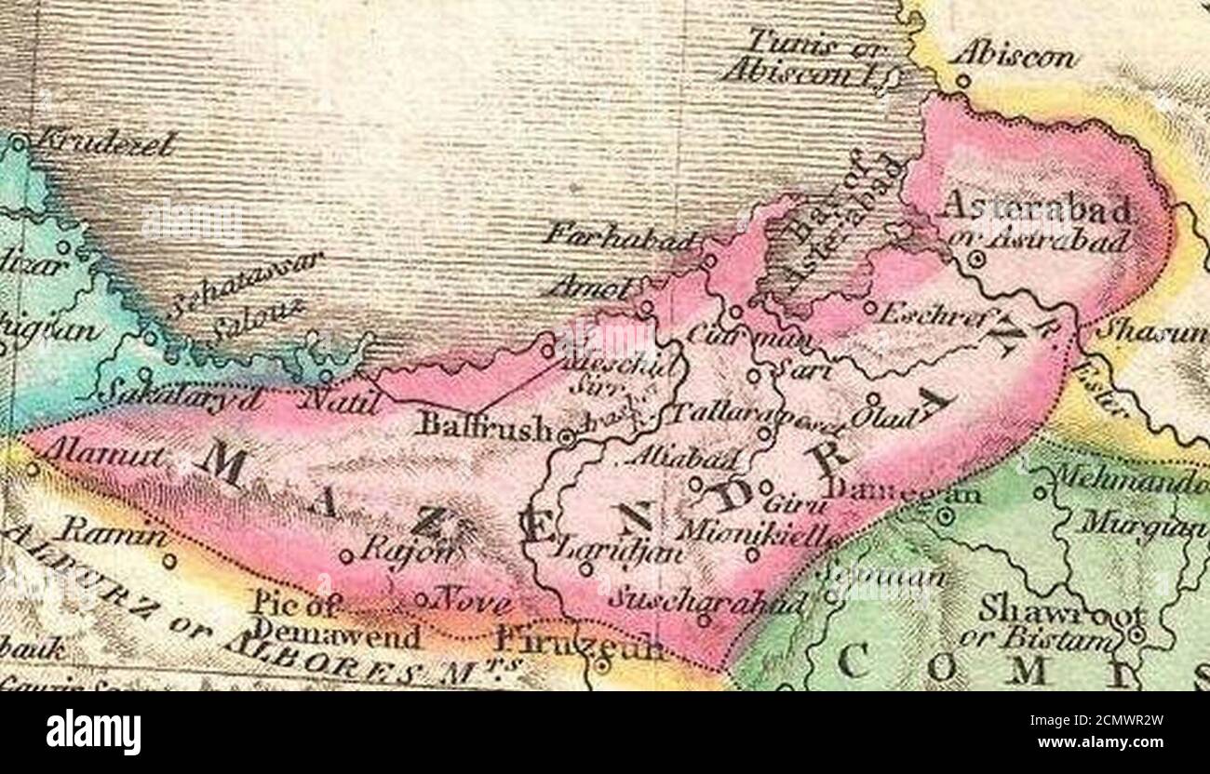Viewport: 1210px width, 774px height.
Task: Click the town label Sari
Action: pyautogui.click(x=788, y=371)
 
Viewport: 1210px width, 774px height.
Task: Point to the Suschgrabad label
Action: pyautogui.click(x=706, y=600)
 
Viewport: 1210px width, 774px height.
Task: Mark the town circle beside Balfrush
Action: pyautogui.click(x=565, y=434)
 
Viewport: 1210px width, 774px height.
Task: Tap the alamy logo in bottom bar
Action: pyautogui.click(x=93, y=732)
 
